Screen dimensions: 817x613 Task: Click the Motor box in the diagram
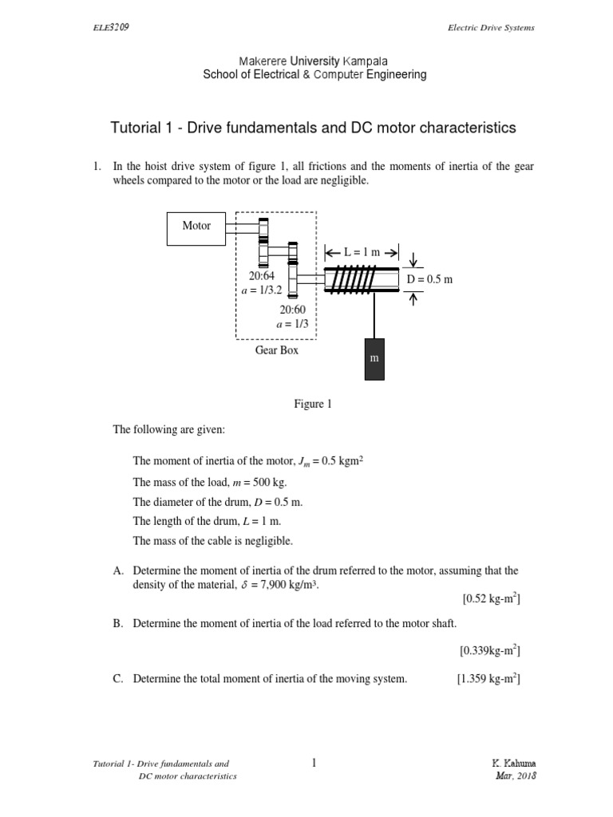click(196, 227)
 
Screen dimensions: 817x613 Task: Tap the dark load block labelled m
click(372, 359)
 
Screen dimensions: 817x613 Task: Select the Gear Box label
click(277, 350)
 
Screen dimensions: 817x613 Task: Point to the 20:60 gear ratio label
click(293, 310)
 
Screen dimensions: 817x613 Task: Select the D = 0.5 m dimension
click(429, 279)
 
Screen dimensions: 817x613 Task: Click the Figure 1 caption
click(312, 405)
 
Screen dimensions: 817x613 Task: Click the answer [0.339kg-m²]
click(489, 650)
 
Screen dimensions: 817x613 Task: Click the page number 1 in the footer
click(314, 764)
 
